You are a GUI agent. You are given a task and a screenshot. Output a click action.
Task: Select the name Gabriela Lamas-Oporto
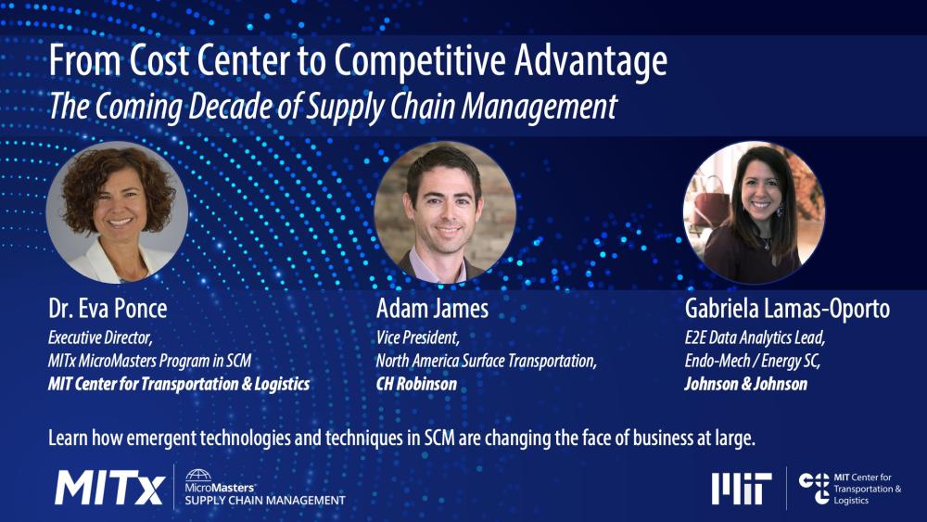click(x=787, y=308)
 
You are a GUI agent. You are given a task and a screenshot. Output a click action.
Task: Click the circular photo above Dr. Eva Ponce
click(x=117, y=212)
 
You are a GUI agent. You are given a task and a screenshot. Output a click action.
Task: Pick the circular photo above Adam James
click(x=445, y=212)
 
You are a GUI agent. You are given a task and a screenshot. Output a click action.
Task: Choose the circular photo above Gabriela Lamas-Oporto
click(x=754, y=212)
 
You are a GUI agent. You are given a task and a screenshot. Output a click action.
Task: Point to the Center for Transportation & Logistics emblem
click(x=815, y=488)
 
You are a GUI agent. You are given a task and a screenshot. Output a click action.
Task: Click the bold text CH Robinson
click(x=416, y=383)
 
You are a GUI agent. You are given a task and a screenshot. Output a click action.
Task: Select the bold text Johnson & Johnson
click(x=745, y=383)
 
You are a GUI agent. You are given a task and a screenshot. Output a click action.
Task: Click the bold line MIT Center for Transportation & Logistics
click(x=178, y=383)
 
